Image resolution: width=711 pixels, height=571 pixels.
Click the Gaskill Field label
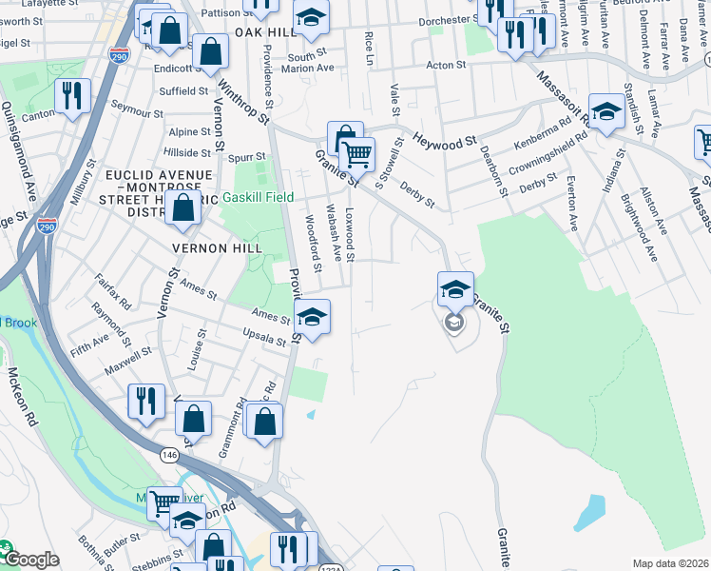[x=259, y=198]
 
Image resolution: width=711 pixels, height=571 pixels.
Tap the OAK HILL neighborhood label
[x=259, y=32]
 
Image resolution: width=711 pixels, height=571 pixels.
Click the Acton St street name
[x=446, y=66]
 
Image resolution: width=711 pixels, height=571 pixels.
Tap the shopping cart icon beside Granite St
[x=357, y=152]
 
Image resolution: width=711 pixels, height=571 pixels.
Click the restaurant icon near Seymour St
[x=72, y=95]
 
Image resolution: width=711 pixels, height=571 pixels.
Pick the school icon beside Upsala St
[x=311, y=316]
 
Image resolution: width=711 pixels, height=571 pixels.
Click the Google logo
[x=30, y=560]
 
